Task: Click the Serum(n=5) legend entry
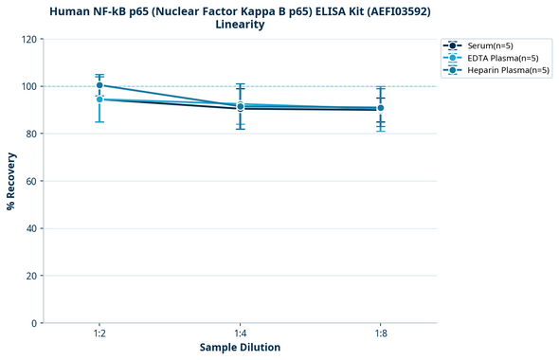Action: [x=490, y=45]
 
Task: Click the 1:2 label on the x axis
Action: [x=99, y=333]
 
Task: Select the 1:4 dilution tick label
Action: [x=240, y=333]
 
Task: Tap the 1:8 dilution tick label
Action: [x=380, y=333]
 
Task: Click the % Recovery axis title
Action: [x=11, y=181]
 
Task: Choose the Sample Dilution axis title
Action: [x=240, y=348]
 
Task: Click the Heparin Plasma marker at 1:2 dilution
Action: [x=99, y=85]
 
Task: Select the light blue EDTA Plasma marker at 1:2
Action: [x=99, y=99]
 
